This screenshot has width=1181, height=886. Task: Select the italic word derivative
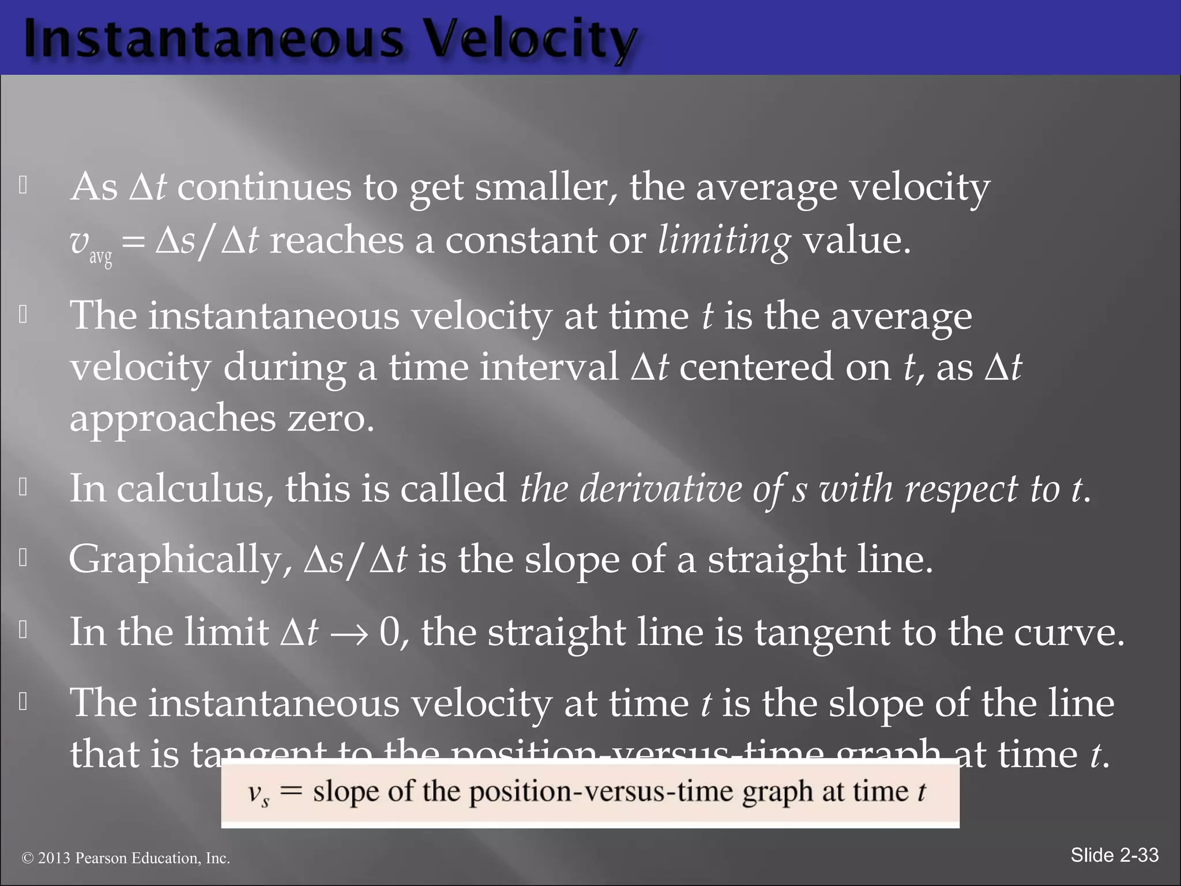coord(660,489)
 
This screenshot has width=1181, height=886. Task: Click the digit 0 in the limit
coord(390,632)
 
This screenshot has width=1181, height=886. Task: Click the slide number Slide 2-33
coord(1114,855)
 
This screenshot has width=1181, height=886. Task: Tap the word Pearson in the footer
coord(101,858)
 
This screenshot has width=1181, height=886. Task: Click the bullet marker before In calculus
coord(23,487)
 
